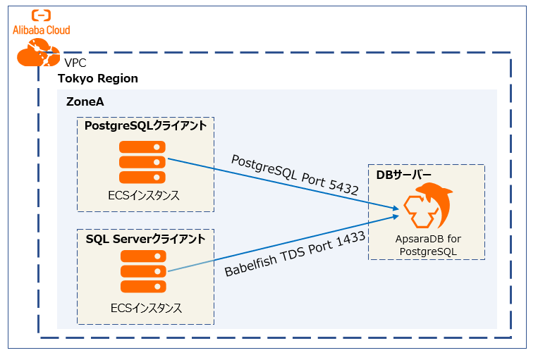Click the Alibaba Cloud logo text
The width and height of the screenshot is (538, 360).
click(41, 30)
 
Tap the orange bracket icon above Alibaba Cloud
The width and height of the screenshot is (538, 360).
click(41, 15)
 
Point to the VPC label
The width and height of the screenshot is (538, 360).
click(75, 63)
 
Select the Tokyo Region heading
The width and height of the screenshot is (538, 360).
click(97, 78)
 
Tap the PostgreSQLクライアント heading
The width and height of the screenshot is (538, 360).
click(145, 126)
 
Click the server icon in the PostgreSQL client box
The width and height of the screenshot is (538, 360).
click(142, 162)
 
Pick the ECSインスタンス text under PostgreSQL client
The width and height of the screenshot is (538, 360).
click(145, 195)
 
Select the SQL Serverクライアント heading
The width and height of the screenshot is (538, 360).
click(145, 239)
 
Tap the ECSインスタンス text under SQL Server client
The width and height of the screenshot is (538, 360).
click(146, 308)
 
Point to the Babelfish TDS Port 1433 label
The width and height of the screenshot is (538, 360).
click(295, 254)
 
